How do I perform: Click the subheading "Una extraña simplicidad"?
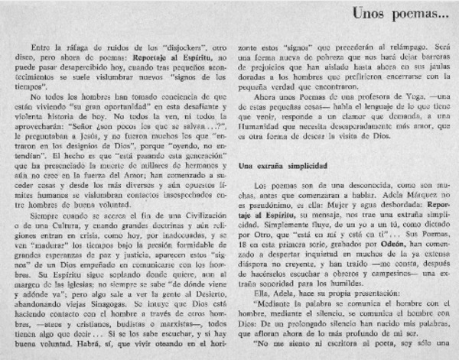282,164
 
